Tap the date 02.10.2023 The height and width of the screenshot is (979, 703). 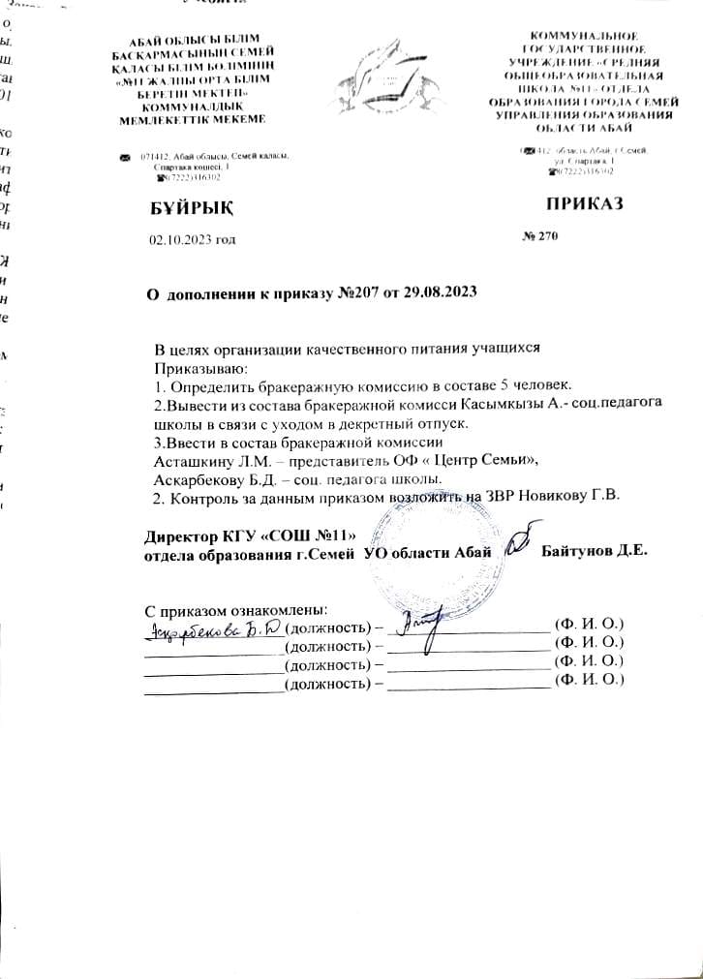tap(176, 238)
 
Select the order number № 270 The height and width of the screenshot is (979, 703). tap(541, 236)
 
